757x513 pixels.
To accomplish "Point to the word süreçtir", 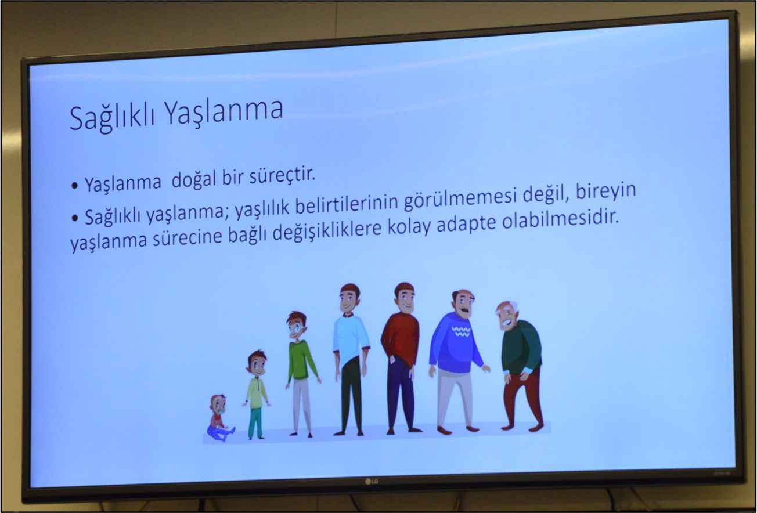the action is [282, 176].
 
